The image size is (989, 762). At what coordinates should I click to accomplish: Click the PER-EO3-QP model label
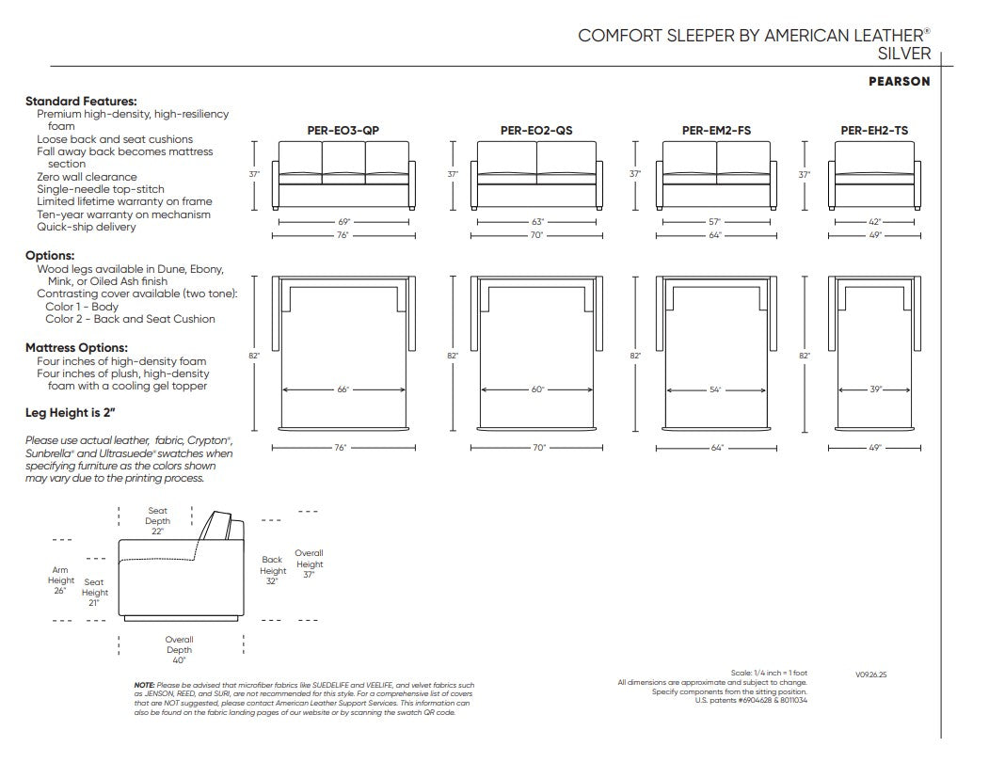(343, 131)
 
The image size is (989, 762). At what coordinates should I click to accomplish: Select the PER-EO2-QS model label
(536, 131)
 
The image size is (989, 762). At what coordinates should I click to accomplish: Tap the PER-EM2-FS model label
(716, 131)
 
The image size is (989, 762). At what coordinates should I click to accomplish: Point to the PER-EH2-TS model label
(874, 131)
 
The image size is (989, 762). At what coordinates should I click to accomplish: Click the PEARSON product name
(900, 81)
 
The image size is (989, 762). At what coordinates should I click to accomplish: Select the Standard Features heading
(81, 101)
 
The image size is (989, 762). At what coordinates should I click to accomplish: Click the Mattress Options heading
(76, 347)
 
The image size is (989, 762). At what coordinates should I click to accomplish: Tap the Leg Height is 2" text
(70, 413)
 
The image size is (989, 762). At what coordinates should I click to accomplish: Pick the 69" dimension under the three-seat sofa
(343, 222)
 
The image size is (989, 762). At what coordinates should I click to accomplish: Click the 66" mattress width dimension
(343, 389)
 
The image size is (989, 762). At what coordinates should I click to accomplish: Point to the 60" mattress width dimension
(537, 389)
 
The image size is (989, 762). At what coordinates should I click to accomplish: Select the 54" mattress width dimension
(715, 389)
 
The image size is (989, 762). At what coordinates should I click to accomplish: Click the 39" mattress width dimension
(875, 389)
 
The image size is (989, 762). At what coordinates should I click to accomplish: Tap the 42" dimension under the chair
(875, 222)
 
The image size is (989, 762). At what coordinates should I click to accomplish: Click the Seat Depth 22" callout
(158, 521)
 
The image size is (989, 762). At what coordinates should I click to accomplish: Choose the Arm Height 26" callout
(60, 580)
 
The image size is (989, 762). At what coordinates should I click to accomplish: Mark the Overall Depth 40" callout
(179, 650)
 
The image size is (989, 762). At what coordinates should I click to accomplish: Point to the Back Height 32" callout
(273, 570)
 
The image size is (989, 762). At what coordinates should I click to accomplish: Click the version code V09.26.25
(871, 675)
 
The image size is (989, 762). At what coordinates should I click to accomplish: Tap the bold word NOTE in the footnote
(144, 685)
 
